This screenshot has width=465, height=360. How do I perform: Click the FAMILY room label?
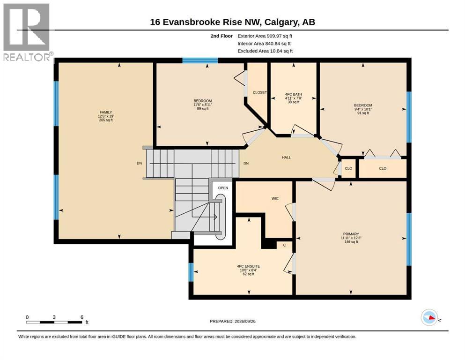(106, 112)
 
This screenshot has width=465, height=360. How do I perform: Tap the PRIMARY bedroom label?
(351, 234)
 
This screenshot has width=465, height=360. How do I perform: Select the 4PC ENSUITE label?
(249, 266)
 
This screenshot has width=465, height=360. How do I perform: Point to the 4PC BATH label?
(293, 94)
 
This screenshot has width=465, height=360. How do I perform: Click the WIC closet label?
(275, 198)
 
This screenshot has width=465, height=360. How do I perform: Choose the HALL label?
(286, 157)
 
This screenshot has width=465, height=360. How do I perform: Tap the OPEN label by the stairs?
(223, 188)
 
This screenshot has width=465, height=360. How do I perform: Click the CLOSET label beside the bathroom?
(259, 92)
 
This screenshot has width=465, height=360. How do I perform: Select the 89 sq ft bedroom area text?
(203, 108)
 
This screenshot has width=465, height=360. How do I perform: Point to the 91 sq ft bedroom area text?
(363, 113)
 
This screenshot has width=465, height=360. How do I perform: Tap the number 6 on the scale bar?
(82, 317)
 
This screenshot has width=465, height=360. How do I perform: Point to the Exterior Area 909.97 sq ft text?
(265, 36)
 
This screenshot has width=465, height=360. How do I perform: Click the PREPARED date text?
(232, 321)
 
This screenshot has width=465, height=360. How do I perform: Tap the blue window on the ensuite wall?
(191, 272)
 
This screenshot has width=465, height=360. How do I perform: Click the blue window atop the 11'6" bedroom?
(200, 60)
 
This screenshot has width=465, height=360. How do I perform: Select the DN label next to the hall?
(246, 163)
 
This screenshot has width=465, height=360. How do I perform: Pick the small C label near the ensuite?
(284, 245)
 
